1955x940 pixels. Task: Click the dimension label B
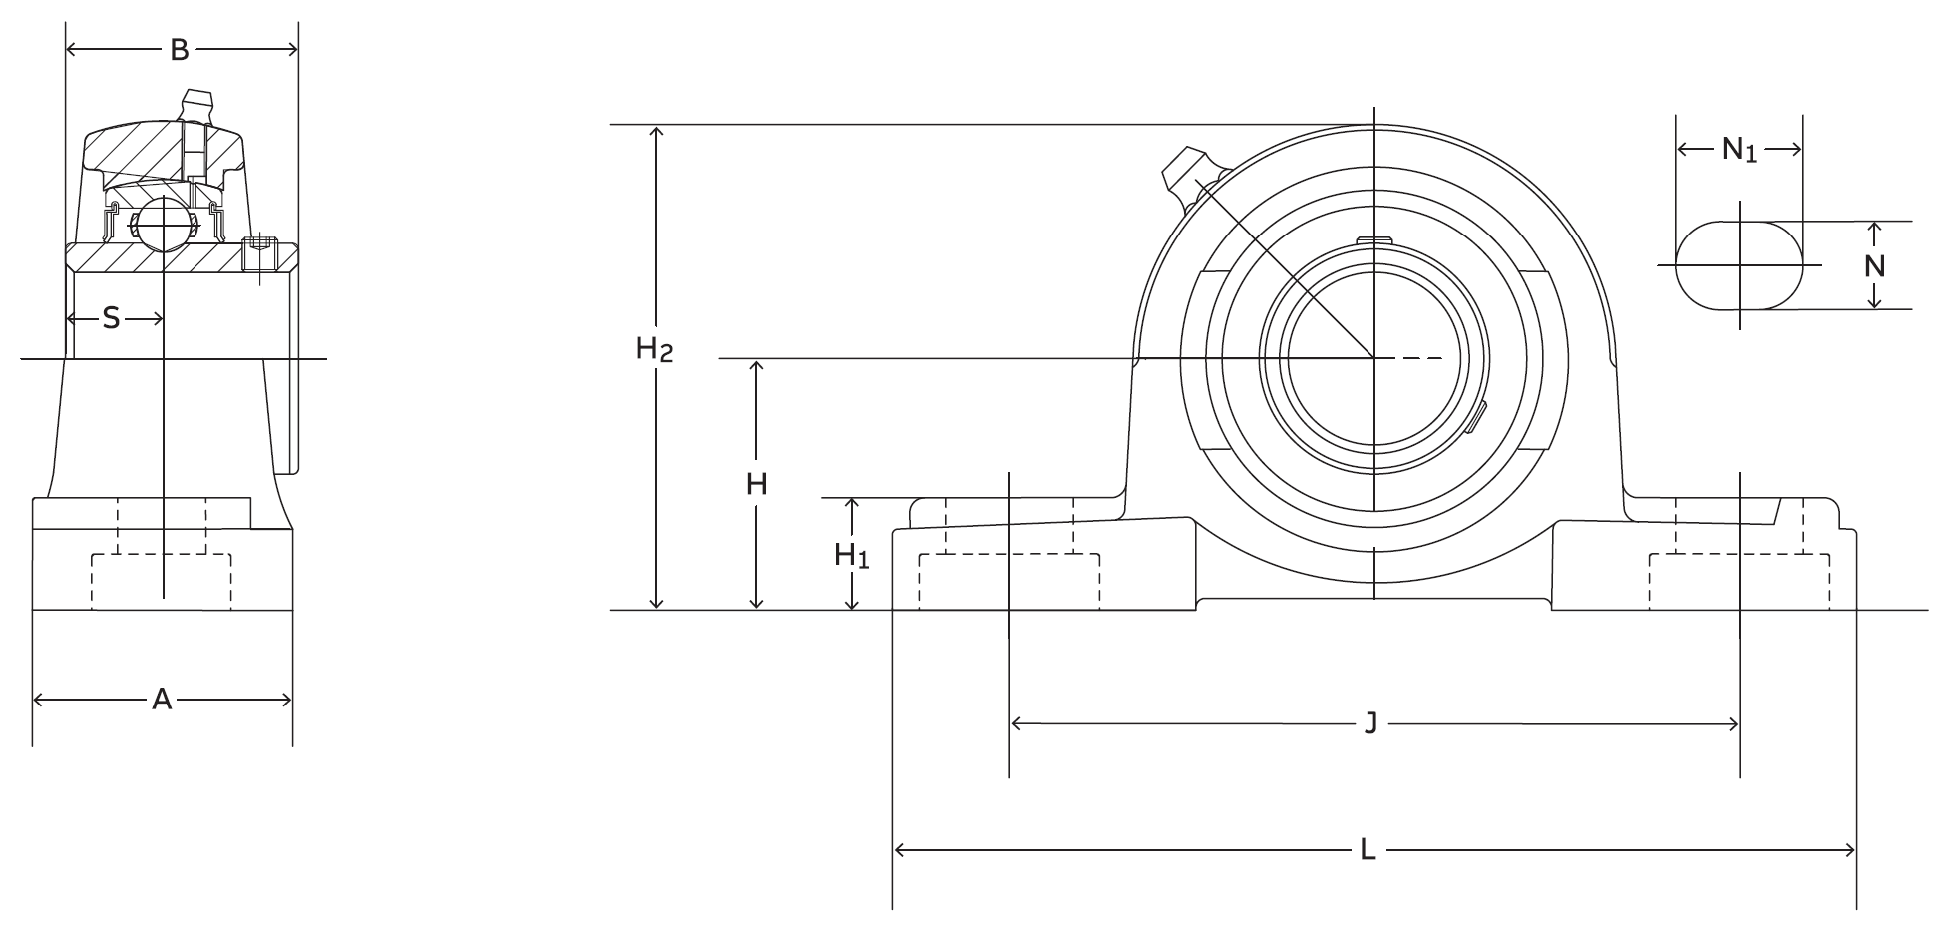180,50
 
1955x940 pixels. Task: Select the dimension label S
111,319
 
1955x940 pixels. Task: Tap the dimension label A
162,701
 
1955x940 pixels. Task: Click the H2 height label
655,350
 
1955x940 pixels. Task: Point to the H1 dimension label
851,556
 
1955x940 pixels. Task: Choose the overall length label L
1368,851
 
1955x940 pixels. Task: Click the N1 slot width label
1739,151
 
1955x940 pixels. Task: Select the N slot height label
1875,266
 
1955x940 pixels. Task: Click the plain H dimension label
757,485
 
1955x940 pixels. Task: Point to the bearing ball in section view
163,224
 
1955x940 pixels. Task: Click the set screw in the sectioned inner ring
260,254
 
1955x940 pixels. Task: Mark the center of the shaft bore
1373,357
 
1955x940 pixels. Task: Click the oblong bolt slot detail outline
1739,265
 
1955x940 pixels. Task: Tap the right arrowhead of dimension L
1851,851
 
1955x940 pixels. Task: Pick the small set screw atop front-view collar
1373,239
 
